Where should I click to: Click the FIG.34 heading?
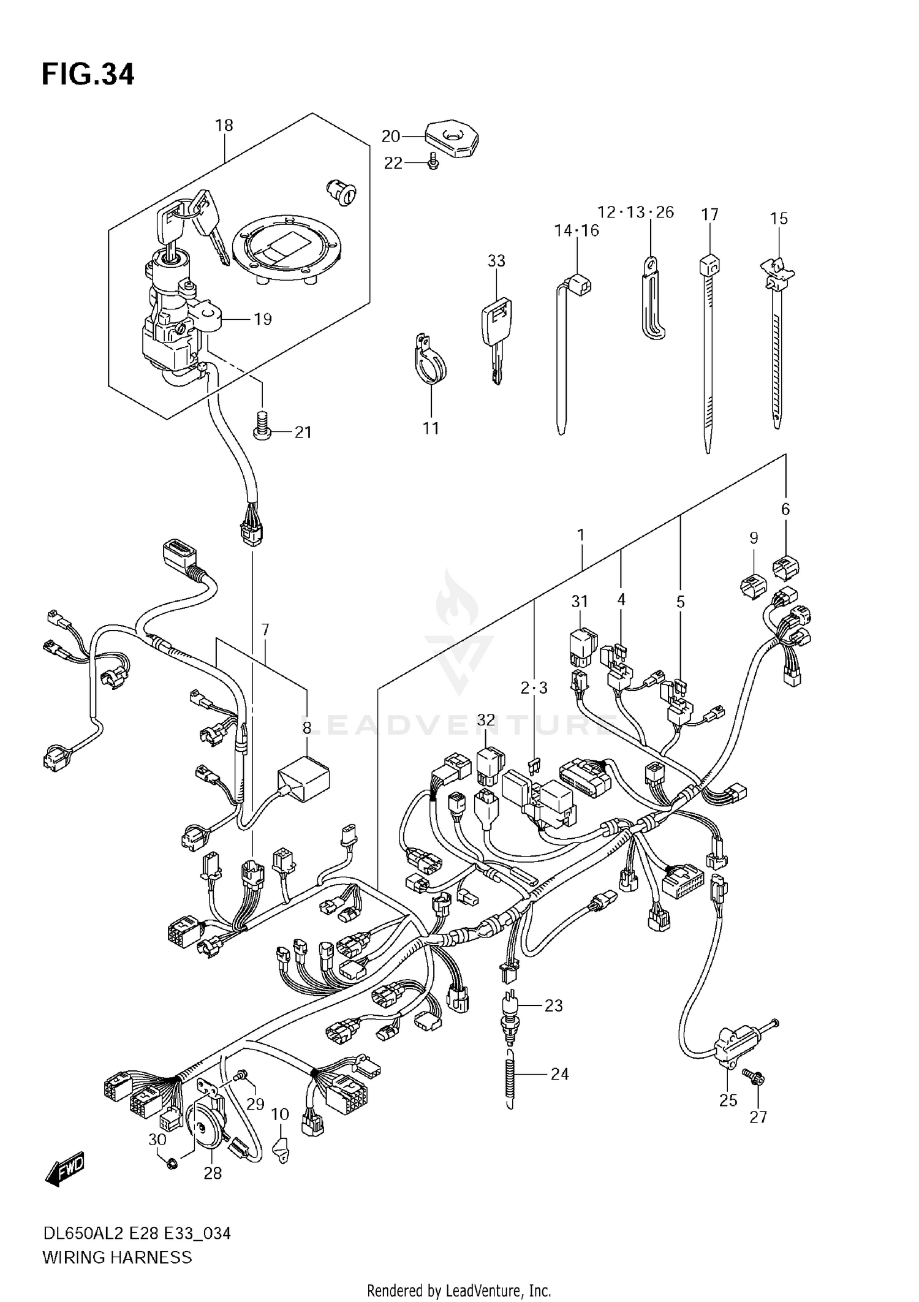pos(88,75)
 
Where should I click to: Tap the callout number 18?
pos(224,126)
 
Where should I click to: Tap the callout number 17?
pos(709,214)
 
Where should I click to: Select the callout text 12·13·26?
pos(635,213)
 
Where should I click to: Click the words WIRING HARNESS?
pos(116,1257)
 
